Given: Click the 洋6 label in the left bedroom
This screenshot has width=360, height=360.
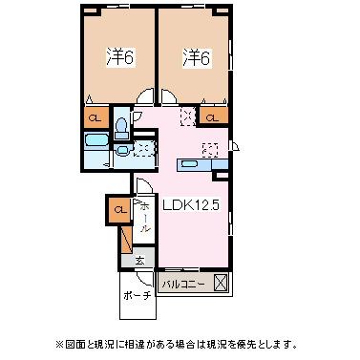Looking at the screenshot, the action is (x=120, y=57).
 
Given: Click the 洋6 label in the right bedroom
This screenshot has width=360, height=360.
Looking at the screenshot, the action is (x=197, y=57).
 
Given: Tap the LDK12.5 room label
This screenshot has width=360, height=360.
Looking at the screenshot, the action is (x=191, y=205).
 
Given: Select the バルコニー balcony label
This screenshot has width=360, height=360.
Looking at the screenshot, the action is (x=183, y=285).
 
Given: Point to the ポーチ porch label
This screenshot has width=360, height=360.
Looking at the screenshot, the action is (x=137, y=296).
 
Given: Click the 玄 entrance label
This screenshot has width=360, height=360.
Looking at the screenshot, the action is (x=139, y=261).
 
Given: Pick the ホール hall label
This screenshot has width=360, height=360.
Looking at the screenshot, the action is (x=144, y=217).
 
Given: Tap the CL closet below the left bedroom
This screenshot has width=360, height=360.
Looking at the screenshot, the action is (x=95, y=118).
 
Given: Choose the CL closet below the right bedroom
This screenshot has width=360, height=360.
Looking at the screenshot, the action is (x=213, y=118).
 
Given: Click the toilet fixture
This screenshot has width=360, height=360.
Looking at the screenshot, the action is (x=121, y=129).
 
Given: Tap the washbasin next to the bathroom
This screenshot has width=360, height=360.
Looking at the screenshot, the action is (x=122, y=149).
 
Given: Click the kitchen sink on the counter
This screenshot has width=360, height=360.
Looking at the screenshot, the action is (x=189, y=164).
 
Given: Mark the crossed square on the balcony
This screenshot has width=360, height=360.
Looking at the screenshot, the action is (x=221, y=283).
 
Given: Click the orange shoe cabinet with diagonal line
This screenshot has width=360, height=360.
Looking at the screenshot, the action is (x=127, y=240).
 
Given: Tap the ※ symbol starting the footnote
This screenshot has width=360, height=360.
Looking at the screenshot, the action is (x=60, y=344).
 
